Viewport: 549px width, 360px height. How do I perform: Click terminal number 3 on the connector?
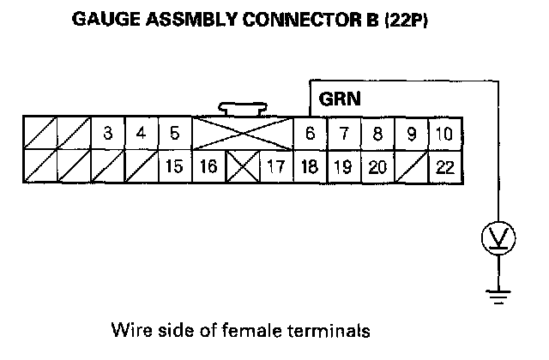(107, 134)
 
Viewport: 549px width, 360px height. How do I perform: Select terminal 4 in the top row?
(141, 134)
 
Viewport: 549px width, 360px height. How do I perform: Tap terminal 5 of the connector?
(174, 134)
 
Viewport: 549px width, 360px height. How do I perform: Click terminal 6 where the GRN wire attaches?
(309, 134)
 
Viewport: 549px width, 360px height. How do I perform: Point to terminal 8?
(377, 134)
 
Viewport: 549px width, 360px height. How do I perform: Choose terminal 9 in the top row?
(411, 134)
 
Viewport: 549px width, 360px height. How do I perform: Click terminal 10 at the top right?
(444, 134)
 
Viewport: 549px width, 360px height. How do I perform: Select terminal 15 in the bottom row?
(174, 166)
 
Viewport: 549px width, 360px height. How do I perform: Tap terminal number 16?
(208, 166)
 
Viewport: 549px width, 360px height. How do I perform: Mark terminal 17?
(275, 166)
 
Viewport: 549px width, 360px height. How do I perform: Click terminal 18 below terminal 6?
(309, 166)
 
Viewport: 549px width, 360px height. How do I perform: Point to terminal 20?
(377, 166)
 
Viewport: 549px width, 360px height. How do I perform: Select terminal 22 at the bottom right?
(444, 166)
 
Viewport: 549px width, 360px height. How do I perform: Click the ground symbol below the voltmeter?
(494, 297)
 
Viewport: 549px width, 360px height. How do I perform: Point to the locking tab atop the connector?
(241, 110)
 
